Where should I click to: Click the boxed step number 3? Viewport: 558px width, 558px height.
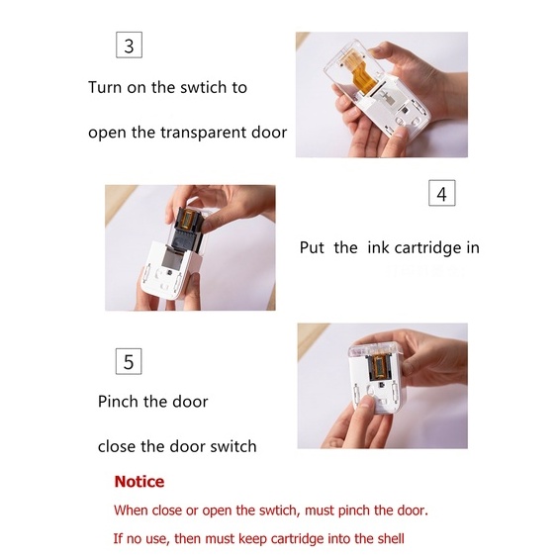tap(129, 45)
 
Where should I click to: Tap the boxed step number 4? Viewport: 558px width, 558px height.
tap(441, 193)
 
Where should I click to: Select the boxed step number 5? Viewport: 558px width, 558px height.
tap(129, 361)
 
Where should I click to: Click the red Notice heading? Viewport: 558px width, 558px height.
tap(139, 482)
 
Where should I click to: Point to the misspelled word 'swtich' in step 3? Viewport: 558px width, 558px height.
tap(203, 87)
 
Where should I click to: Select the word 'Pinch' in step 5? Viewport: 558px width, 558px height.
tap(118, 402)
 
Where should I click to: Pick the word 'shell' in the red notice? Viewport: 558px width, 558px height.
tap(391, 538)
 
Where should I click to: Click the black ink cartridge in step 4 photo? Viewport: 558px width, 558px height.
tap(188, 228)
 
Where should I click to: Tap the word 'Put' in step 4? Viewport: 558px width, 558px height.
tap(312, 247)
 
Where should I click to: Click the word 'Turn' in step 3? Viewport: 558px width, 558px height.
tap(105, 87)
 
